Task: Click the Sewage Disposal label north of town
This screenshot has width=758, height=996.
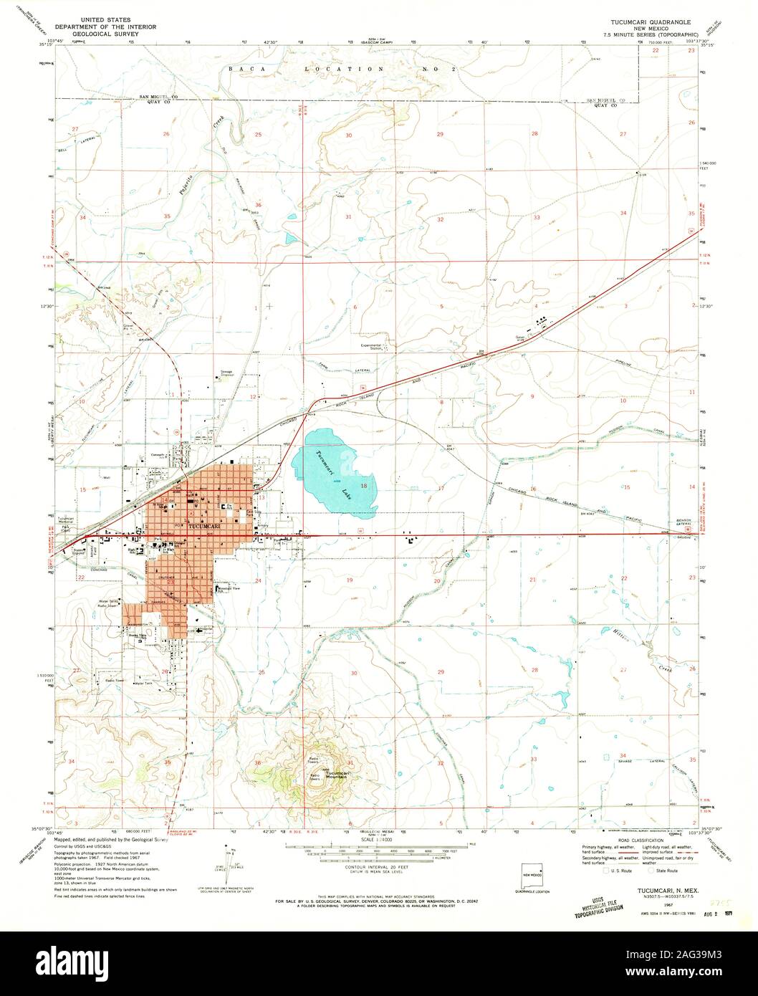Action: [227, 373]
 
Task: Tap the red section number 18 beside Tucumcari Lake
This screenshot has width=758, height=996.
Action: [365, 485]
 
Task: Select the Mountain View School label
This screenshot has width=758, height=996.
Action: [229, 588]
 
